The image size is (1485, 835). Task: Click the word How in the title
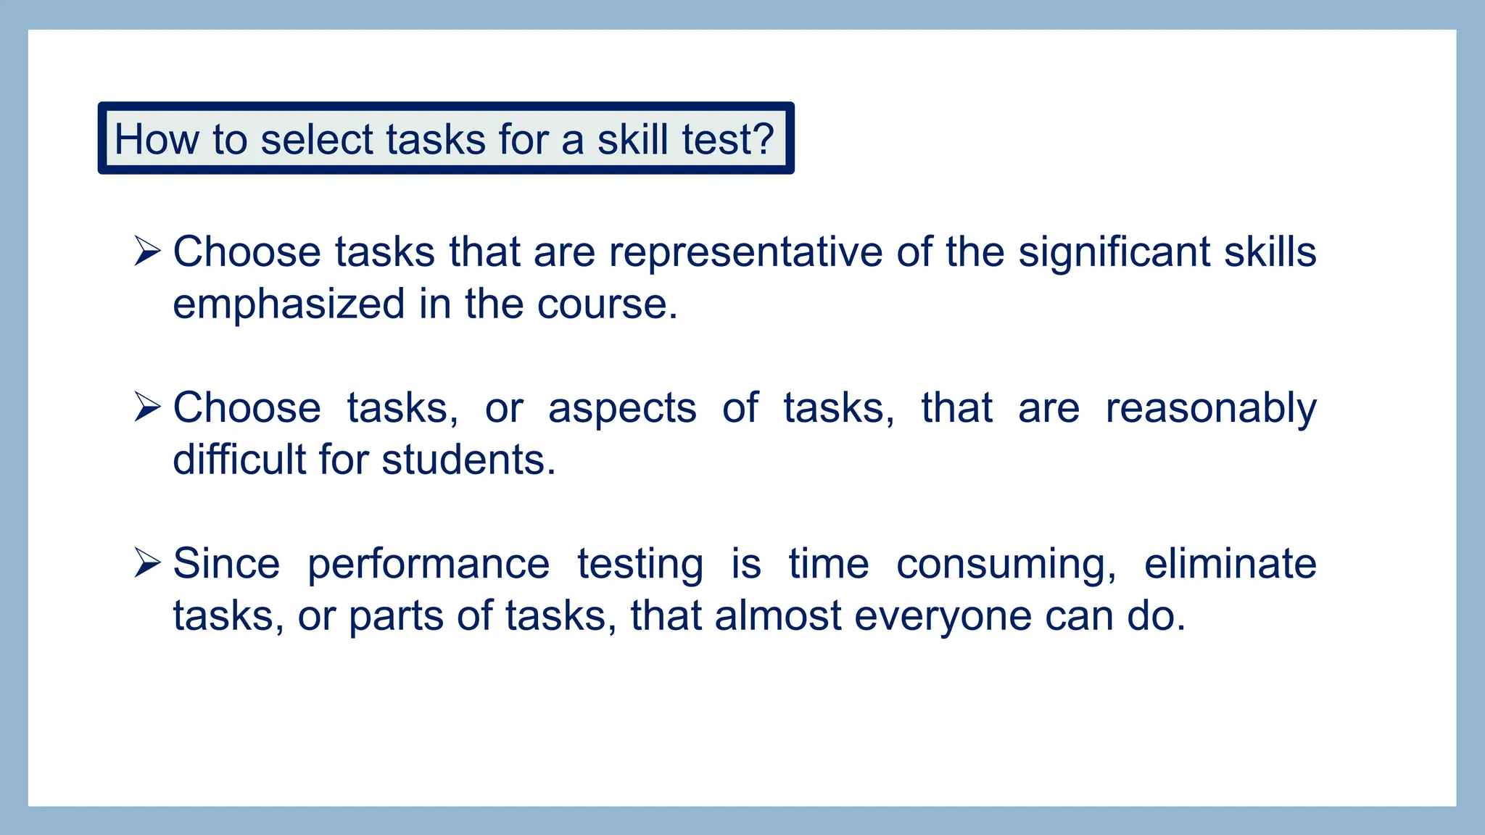pyautogui.click(x=156, y=139)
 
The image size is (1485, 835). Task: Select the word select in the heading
pyautogui.click(x=315, y=139)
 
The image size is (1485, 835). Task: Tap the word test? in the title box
pyautogui.click(x=729, y=139)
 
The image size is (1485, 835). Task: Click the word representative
pyautogui.click(x=745, y=252)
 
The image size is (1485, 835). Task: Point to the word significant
pyautogui.click(x=1114, y=252)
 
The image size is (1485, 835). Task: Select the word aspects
pyautogui.click(x=622, y=408)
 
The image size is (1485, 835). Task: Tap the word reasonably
pyautogui.click(x=1210, y=408)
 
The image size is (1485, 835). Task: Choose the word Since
pyautogui.click(x=226, y=564)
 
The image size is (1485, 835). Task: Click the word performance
pyautogui.click(x=429, y=564)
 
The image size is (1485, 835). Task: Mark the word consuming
pyautogui.click(x=1006, y=564)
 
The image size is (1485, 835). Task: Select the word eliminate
pyautogui.click(x=1230, y=564)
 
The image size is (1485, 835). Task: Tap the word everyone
pyautogui.click(x=943, y=616)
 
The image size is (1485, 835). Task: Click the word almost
pyautogui.click(x=777, y=616)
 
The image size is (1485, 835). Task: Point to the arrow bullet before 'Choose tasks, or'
pyautogui.click(x=147, y=407)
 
